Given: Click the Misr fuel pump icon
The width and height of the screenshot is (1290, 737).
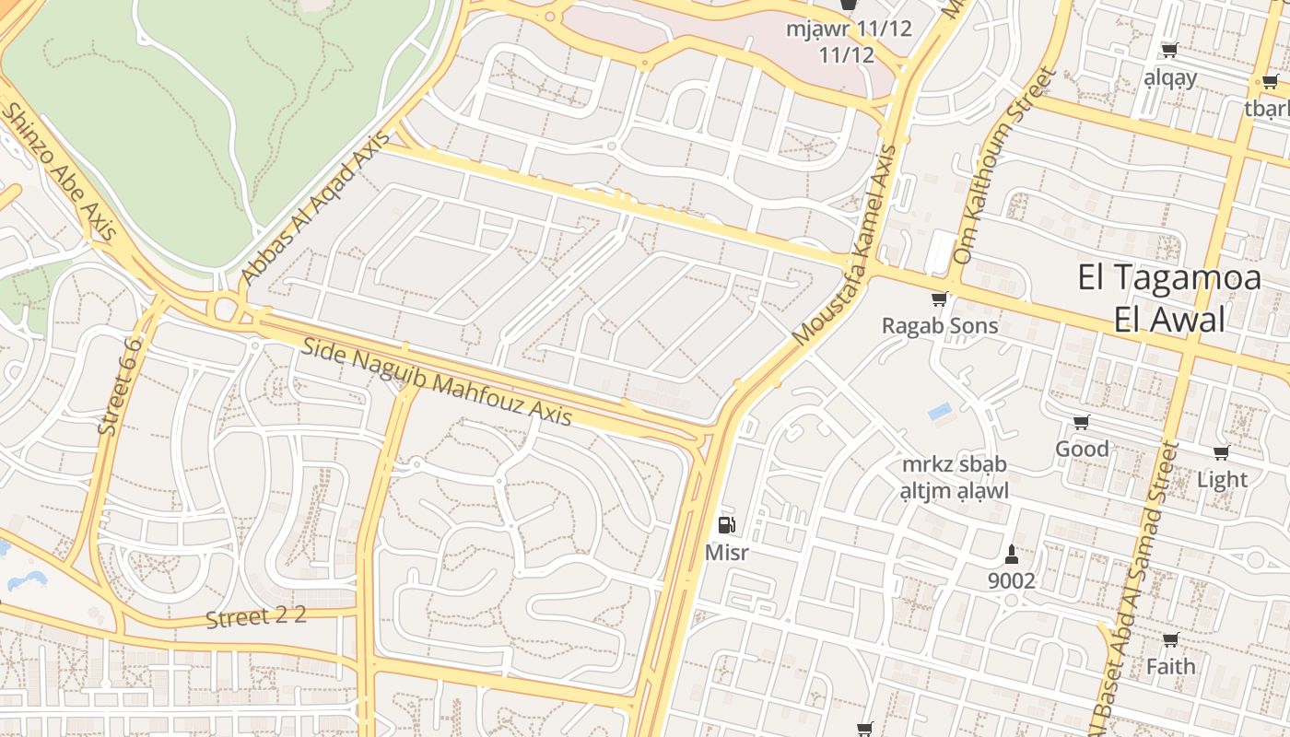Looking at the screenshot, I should click(727, 525).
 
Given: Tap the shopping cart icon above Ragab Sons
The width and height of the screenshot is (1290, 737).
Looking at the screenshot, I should click(939, 298).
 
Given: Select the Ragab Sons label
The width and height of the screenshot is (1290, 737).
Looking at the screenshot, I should click(939, 326).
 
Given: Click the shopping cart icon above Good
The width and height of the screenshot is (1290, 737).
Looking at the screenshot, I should click(1081, 422).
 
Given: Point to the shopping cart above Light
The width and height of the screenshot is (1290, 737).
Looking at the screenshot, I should click(1221, 452).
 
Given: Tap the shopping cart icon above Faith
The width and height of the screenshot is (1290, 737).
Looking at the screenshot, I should click(1170, 639).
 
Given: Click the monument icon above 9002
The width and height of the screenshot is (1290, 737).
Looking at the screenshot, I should click(1011, 554).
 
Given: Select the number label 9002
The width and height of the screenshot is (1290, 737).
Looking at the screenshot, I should click(1011, 581).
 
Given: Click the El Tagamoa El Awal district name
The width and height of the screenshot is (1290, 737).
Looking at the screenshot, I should click(1169, 298).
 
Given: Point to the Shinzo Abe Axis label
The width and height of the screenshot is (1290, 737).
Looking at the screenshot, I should click(59, 171).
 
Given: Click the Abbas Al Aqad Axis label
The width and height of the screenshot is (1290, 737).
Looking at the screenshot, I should click(316, 205).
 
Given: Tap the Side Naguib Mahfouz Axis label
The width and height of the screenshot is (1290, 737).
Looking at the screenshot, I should click(438, 382).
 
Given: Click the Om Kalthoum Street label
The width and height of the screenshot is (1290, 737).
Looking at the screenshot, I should click(1003, 166).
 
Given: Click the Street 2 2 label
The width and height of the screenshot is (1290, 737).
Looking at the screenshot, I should click(255, 617).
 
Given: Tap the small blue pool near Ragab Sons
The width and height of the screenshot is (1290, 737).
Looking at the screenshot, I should click(940, 412).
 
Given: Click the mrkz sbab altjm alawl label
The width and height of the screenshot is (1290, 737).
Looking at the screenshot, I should click(954, 477).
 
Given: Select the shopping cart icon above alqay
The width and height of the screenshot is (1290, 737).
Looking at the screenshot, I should click(1169, 50).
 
